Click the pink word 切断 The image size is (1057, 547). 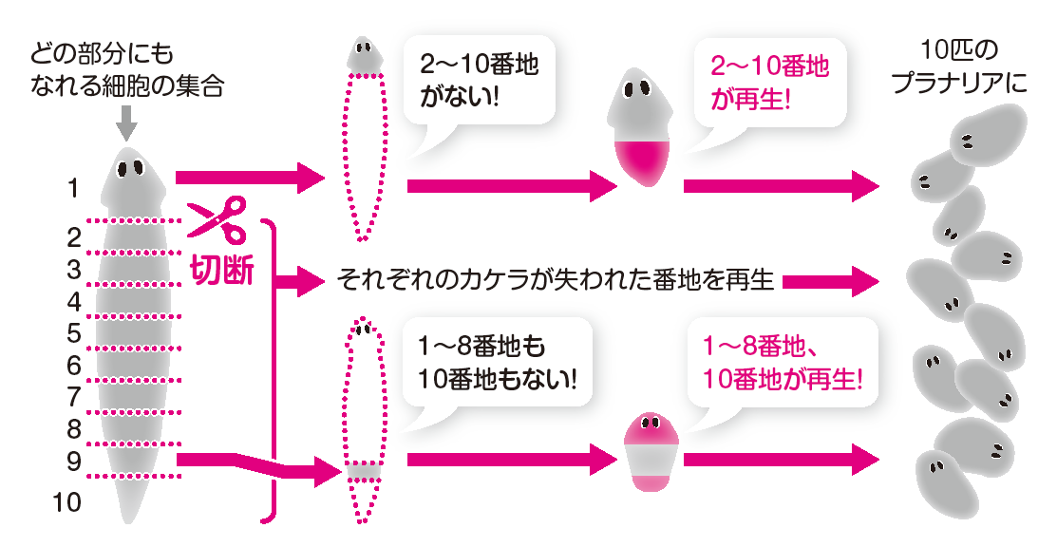pyautogui.click(x=222, y=270)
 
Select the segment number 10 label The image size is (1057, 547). pyautogui.click(x=67, y=501)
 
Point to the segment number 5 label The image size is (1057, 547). pyautogui.click(x=73, y=333)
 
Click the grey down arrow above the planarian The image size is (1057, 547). pyautogui.click(x=127, y=122)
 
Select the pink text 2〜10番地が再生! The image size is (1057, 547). pyautogui.click(x=768, y=82)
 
